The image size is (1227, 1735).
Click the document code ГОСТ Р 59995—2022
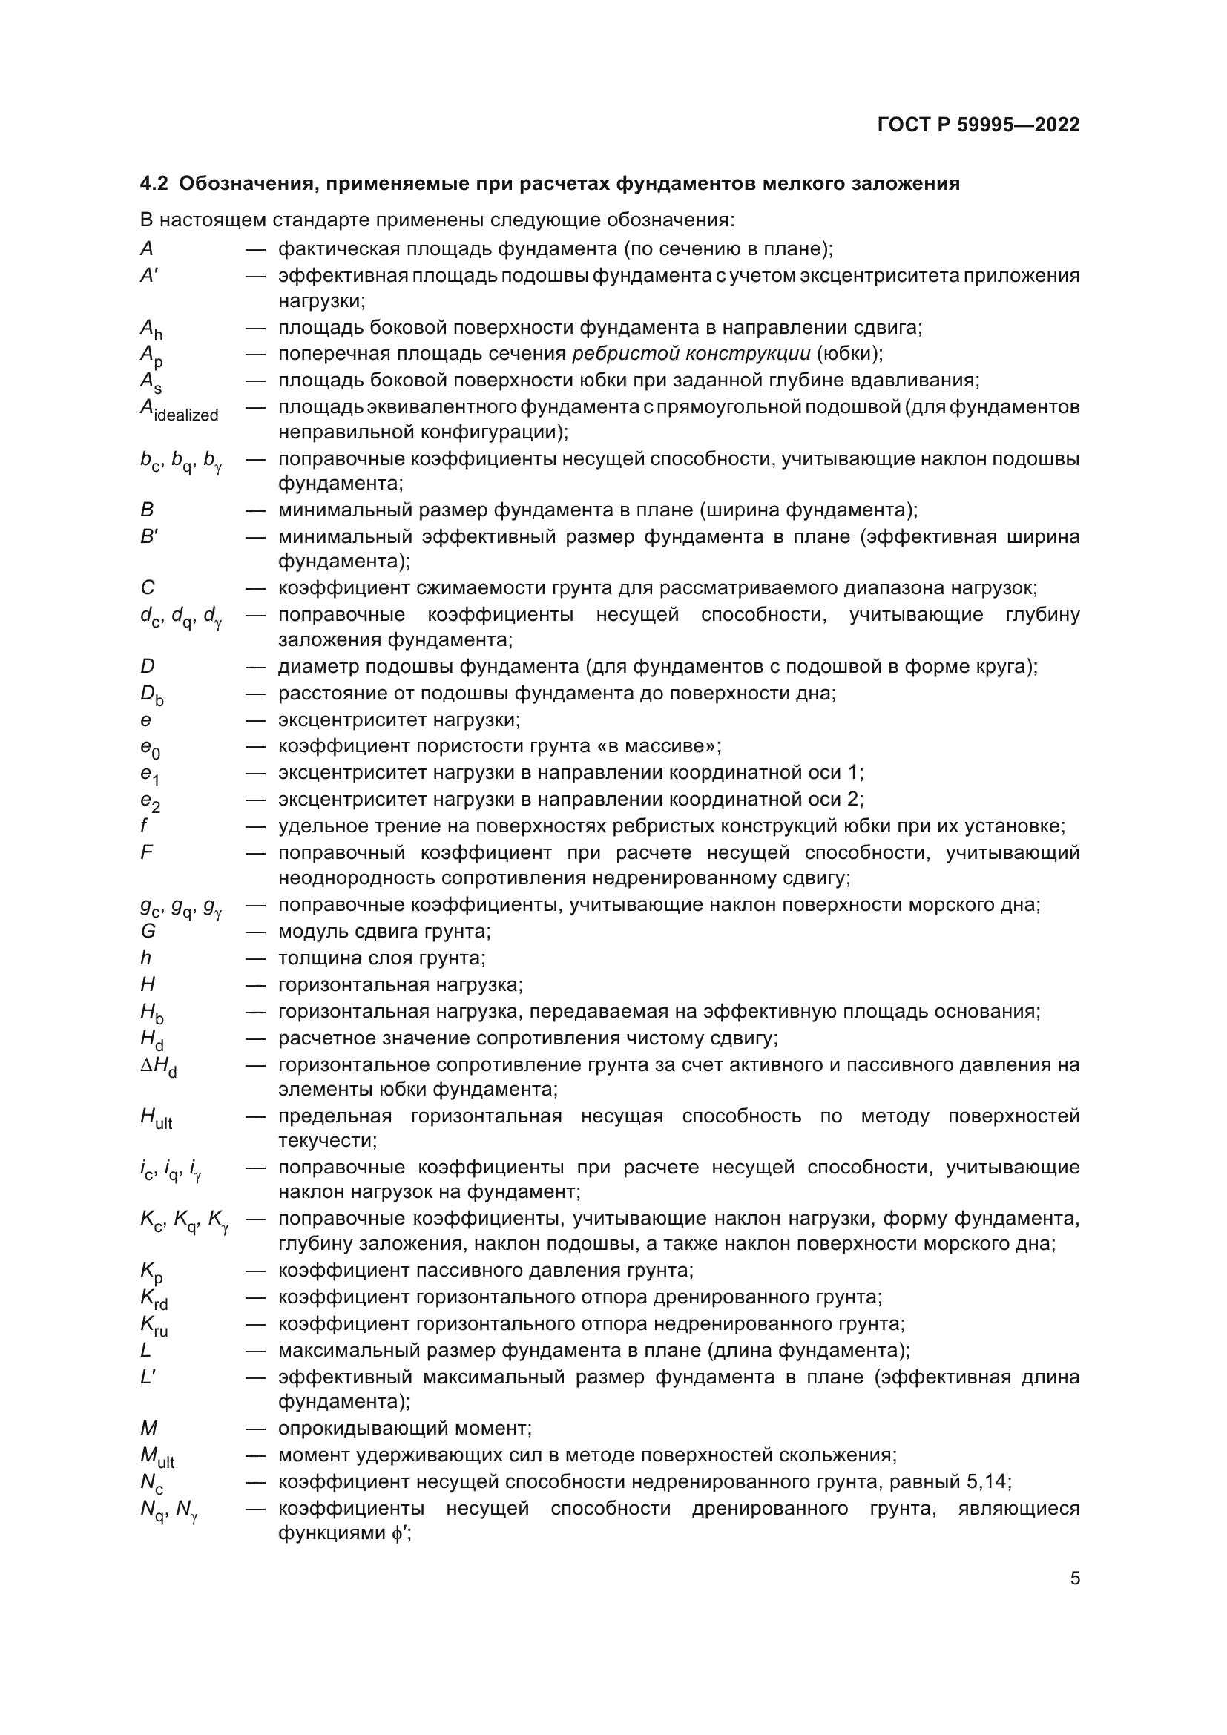click(978, 125)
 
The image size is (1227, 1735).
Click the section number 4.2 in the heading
click(154, 184)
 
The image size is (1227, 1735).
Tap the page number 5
click(1074, 1578)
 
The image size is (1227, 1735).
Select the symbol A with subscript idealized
click(179, 410)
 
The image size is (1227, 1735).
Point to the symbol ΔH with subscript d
click(159, 1067)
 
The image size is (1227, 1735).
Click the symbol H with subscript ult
click(157, 1119)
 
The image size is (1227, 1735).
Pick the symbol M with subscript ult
click(157, 1456)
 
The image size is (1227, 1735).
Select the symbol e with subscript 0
click(151, 748)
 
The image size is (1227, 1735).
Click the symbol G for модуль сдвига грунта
click(148, 932)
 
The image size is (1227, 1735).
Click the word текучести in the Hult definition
click(326, 1140)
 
